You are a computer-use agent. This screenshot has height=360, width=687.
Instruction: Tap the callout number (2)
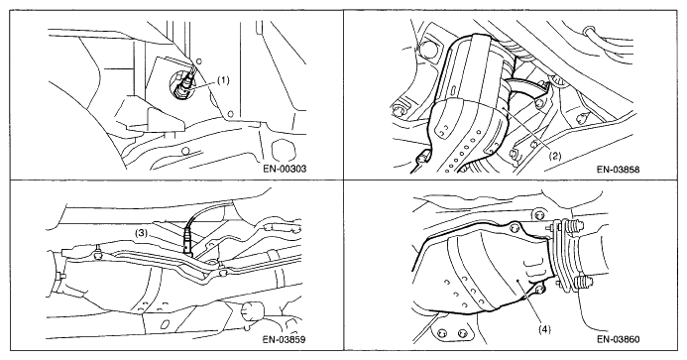[x=555, y=156]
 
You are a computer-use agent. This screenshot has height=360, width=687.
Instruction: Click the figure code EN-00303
[x=285, y=169]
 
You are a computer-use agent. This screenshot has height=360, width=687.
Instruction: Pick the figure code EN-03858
[x=619, y=170]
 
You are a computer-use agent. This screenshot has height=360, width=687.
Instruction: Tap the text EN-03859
[x=285, y=339]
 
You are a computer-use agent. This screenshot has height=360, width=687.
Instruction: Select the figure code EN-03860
[x=619, y=339]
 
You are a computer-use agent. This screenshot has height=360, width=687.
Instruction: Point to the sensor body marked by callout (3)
[x=188, y=240]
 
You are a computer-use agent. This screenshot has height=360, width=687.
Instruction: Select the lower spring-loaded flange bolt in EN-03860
[x=578, y=284]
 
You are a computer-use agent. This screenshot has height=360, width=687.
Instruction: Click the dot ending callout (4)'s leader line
[x=517, y=279]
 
